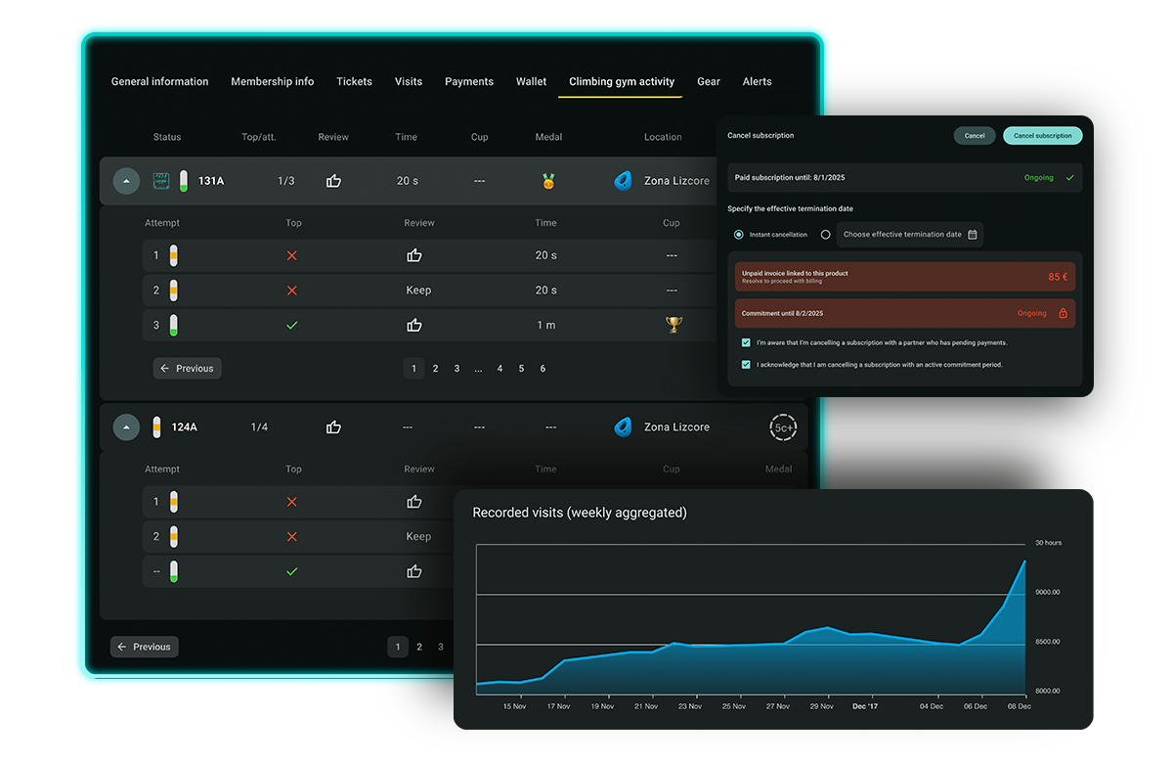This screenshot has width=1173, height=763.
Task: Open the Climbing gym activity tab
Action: (x=622, y=82)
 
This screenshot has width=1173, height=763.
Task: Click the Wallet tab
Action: (x=532, y=82)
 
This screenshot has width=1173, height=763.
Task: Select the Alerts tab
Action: (x=757, y=82)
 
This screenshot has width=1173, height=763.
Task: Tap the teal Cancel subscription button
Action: (x=1042, y=136)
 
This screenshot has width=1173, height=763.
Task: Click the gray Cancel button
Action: (x=975, y=136)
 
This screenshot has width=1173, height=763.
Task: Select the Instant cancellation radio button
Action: (x=739, y=235)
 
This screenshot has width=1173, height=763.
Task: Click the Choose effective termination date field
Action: (x=909, y=235)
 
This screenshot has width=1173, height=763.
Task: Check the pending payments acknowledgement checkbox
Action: (x=746, y=343)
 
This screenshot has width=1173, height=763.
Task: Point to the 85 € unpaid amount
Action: (x=1058, y=277)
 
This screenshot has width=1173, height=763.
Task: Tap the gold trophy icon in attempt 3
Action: (x=673, y=325)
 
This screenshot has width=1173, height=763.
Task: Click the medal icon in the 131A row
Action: (x=548, y=181)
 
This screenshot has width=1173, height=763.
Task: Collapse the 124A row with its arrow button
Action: (x=126, y=427)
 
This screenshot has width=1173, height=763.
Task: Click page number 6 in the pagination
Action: (x=543, y=369)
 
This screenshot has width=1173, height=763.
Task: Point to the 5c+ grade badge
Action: (x=783, y=427)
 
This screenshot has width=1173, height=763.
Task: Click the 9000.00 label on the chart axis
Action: (x=1048, y=592)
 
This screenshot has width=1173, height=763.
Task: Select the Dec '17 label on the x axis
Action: (x=865, y=705)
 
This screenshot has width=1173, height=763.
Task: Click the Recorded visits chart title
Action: (x=579, y=513)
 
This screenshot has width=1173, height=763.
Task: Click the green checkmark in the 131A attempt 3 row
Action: (x=291, y=325)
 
